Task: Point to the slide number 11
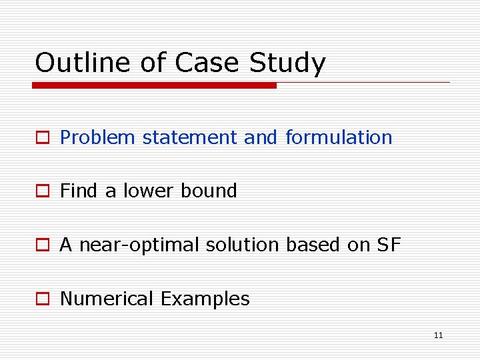[438, 335]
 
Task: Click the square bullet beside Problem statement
[43, 138]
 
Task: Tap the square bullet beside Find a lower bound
[43, 191]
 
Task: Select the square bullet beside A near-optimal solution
[43, 245]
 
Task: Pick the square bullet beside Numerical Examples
[43, 299]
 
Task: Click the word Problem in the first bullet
[98, 137]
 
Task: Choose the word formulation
[339, 137]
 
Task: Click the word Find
[79, 191]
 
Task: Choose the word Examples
[205, 299]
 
